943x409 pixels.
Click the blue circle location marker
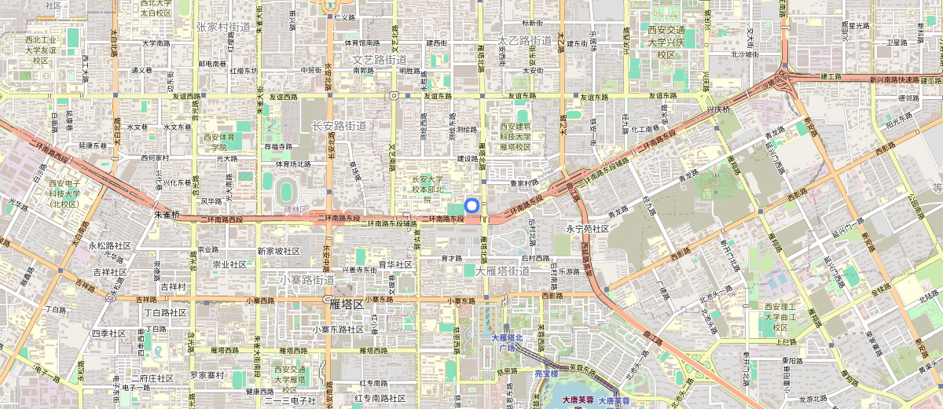coord(472,206)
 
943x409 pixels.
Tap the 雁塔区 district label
coord(347,304)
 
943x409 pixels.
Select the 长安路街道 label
coord(339,126)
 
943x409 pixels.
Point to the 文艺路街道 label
coord(380,60)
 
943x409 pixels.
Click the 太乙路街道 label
coord(525,39)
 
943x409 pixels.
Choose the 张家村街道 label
coord(223,27)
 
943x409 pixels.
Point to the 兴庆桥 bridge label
coord(717,109)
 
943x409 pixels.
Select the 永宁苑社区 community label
coord(588,229)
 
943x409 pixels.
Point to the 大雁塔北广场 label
coord(503,343)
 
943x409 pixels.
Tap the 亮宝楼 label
coord(546,374)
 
